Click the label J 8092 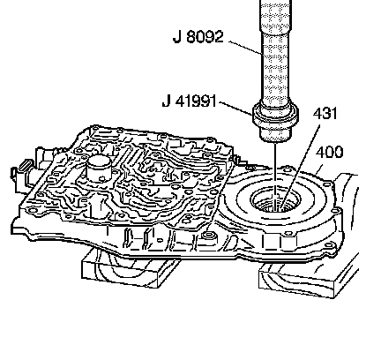[x=198, y=37]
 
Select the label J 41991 [x=190, y=101]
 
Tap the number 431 [x=325, y=114]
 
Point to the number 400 [x=329, y=153]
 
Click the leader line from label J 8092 [x=246, y=48]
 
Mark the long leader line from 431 [x=300, y=167]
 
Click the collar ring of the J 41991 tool [x=276, y=115]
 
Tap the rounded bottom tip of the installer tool [x=275, y=138]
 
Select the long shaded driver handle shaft [x=276, y=53]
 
